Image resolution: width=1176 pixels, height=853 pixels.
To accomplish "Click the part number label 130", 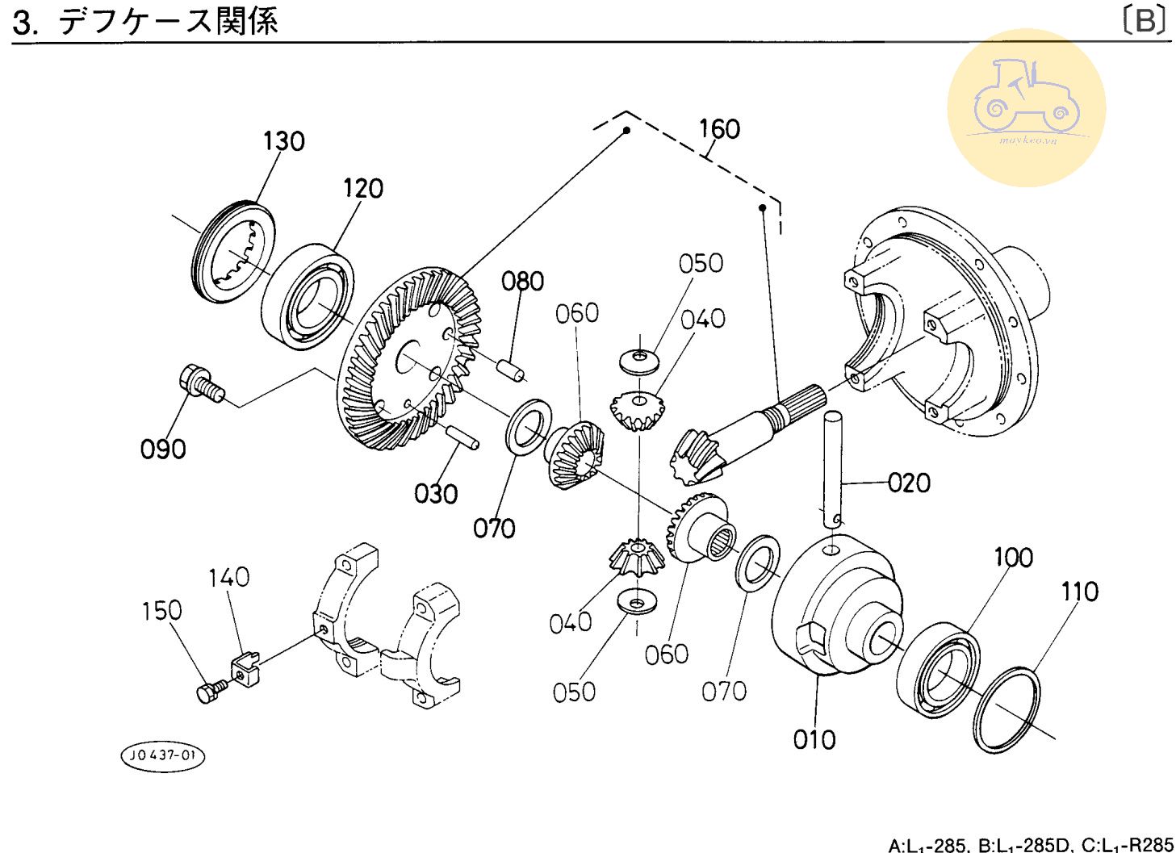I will point(283,141).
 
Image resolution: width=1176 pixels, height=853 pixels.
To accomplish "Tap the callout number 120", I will point(362,188).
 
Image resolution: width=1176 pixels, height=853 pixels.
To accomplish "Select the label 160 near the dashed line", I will point(718,129).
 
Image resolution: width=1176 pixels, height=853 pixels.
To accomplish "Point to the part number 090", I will point(163,449).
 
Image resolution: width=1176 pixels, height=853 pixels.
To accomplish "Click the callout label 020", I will point(909,483).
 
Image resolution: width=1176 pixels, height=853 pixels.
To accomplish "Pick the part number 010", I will point(814,739).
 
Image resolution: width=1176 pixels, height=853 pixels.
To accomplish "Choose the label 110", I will point(1079,592).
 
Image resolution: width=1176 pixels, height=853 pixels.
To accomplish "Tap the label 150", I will point(161,610).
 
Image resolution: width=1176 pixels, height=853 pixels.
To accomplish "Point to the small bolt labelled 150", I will point(211,690).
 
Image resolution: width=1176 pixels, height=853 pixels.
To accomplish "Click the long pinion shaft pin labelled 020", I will point(833,468).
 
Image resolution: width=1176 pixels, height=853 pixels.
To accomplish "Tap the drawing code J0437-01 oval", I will point(162,756).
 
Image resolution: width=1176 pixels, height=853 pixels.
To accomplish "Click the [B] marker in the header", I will point(1145,20).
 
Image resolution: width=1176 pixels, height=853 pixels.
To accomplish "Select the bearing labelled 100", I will point(938,667).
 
